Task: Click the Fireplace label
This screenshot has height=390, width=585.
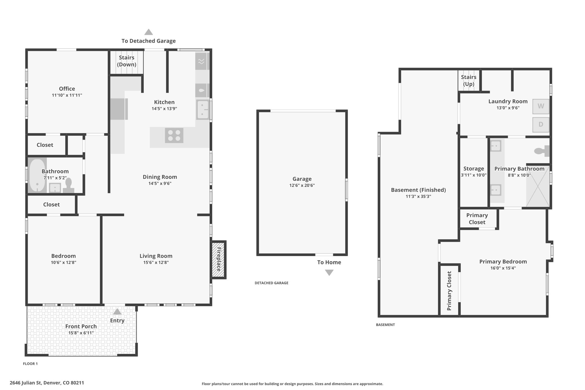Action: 219,259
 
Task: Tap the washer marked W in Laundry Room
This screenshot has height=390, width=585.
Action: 541,106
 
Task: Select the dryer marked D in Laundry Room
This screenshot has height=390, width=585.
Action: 541,125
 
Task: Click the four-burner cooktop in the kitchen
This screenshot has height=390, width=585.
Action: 174,135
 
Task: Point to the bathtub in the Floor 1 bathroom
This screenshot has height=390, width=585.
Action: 37,175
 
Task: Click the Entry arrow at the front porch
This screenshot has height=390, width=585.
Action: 117,311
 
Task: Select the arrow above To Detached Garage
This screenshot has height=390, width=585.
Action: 149,32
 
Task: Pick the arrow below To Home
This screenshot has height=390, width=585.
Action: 329,273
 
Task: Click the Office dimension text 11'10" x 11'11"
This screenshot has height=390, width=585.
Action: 67,95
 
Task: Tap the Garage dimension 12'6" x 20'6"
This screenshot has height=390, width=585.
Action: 302,185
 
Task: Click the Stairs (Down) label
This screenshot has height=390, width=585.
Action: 127,61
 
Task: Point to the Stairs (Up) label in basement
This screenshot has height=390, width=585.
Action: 469,80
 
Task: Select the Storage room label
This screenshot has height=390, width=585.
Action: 474,169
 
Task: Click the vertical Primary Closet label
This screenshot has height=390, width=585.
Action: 449,291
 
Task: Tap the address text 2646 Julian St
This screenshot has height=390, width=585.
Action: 26,383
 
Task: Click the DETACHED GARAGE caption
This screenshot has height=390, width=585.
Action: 271,283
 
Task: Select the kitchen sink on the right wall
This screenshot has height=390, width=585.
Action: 203,110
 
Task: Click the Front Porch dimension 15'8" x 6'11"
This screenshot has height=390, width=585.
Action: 81,333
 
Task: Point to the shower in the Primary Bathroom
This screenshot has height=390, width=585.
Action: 538,186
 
